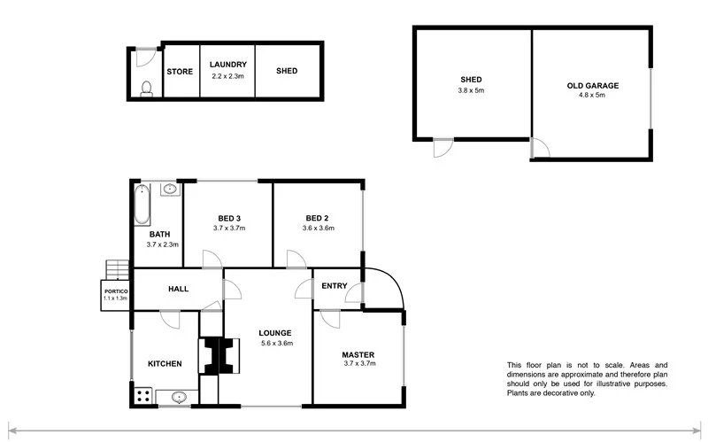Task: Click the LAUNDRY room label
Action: coord(227,65)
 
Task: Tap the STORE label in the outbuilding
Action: coord(180,72)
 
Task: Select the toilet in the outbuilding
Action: coord(147,87)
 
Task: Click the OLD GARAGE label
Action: coord(592,86)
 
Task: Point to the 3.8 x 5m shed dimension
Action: coord(471,90)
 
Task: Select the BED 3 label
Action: coord(228,218)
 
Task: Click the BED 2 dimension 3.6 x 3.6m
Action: coord(317,228)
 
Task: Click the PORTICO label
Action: coord(116,291)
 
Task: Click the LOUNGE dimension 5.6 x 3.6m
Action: coord(276,343)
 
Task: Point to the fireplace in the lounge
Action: coord(216,356)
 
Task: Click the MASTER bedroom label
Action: coord(358,354)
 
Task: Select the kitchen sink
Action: coord(178,398)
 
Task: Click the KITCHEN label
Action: coord(165,363)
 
